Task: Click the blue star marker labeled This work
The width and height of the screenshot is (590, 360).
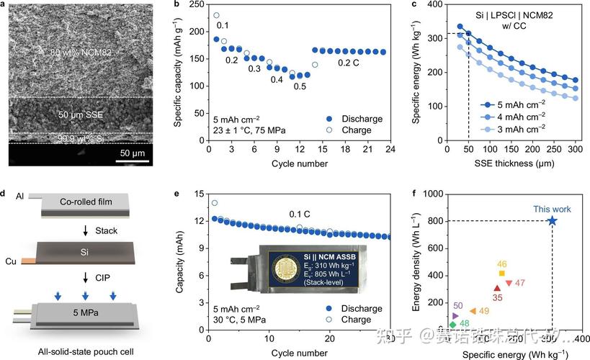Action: tap(552, 221)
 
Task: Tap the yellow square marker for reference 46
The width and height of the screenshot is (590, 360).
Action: tap(501, 273)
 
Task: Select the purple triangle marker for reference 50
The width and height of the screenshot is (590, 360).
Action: tap(455, 315)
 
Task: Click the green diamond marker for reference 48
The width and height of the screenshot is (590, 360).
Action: tap(452, 325)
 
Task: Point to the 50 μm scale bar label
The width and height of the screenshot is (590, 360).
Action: tap(133, 153)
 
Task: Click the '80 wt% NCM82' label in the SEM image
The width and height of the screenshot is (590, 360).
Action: tap(81, 53)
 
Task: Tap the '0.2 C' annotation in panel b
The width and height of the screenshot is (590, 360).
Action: tap(352, 63)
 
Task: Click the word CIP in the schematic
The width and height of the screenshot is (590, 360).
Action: tap(92, 276)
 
